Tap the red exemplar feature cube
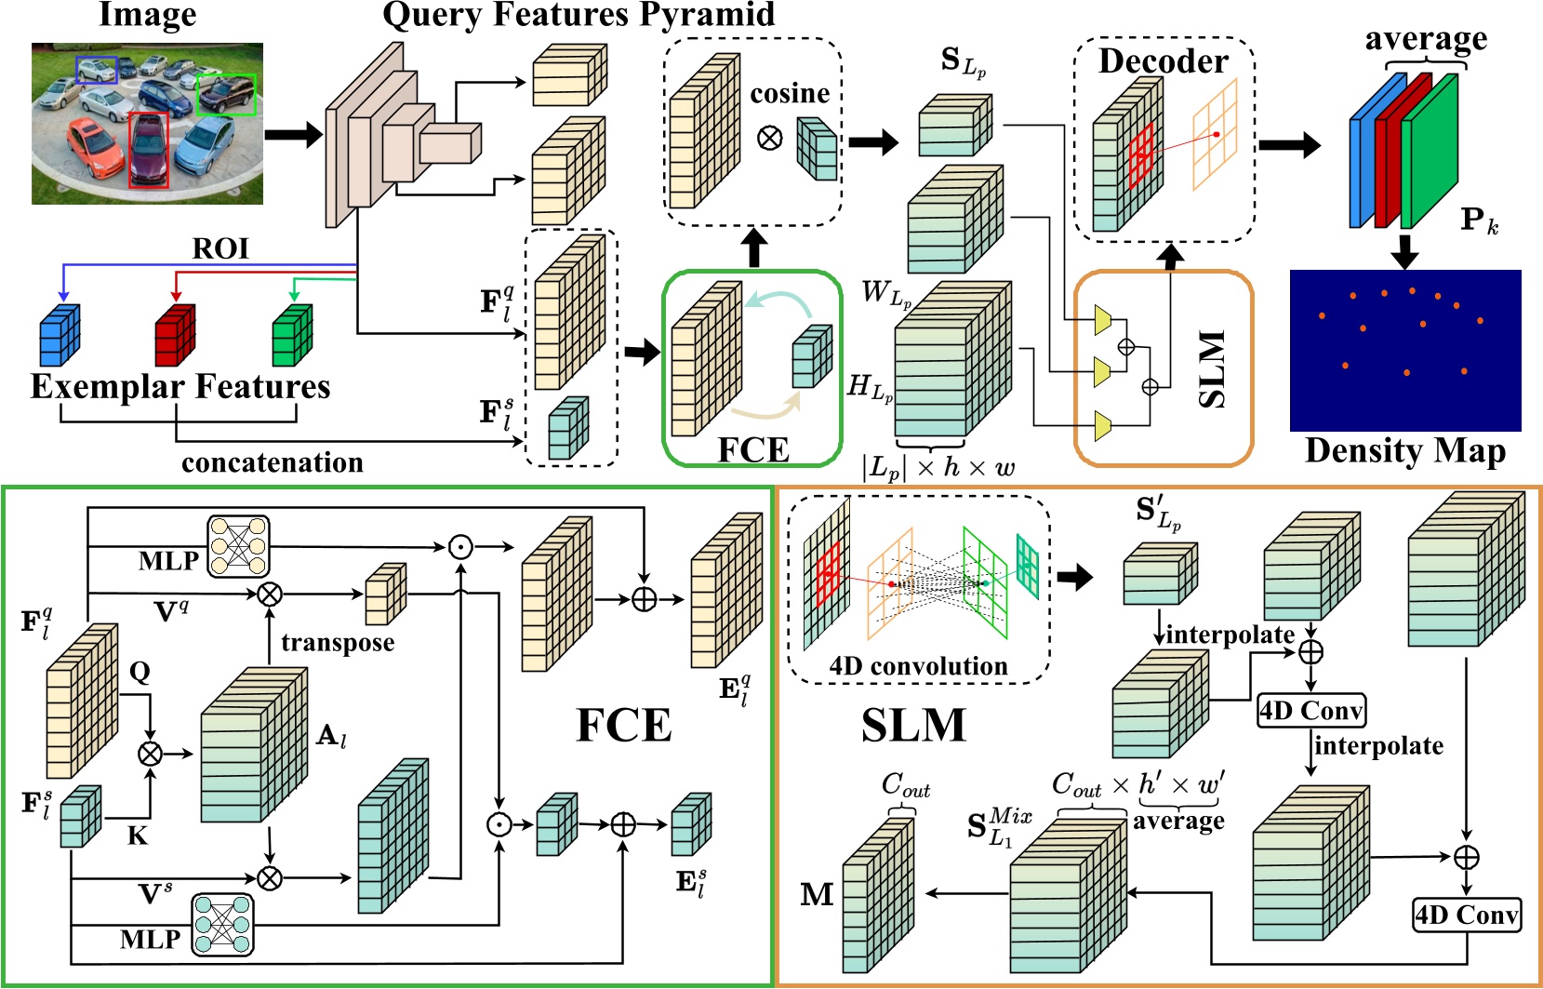(175, 335)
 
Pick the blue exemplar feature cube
(60, 335)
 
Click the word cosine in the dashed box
(790, 93)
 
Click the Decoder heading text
(1163, 61)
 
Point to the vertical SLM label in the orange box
(1211, 369)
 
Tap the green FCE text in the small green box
(753, 450)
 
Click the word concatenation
(272, 462)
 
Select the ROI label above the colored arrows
(220, 248)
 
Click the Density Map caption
(1404, 450)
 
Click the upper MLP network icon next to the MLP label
(238, 546)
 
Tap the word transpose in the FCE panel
(338, 643)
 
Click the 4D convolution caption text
(918, 666)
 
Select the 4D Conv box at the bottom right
(1467, 915)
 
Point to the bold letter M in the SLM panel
(817, 895)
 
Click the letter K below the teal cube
(138, 835)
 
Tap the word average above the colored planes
(1425, 39)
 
